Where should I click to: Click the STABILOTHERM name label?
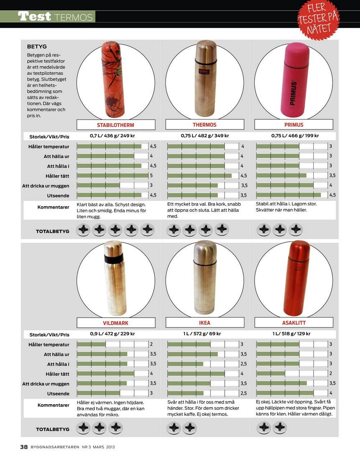click(116, 125)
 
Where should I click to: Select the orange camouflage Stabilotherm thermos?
click(114, 79)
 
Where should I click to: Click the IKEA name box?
click(205, 323)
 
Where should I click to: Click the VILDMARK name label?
click(116, 323)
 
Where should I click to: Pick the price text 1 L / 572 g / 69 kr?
click(205, 334)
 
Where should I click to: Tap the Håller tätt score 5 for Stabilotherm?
click(151, 176)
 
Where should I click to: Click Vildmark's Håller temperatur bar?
click(91, 345)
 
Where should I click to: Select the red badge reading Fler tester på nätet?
click(318, 19)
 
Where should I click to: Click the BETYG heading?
click(37, 47)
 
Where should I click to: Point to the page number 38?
click(24, 446)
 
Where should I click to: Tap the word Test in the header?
click(35, 17)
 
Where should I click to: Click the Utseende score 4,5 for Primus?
click(332, 195)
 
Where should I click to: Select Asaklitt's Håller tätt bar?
click(271, 373)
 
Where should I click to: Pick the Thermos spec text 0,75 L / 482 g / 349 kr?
click(205, 136)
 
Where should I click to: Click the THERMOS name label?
click(205, 125)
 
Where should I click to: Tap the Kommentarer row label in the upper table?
click(53, 207)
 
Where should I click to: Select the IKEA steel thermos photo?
click(205, 278)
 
